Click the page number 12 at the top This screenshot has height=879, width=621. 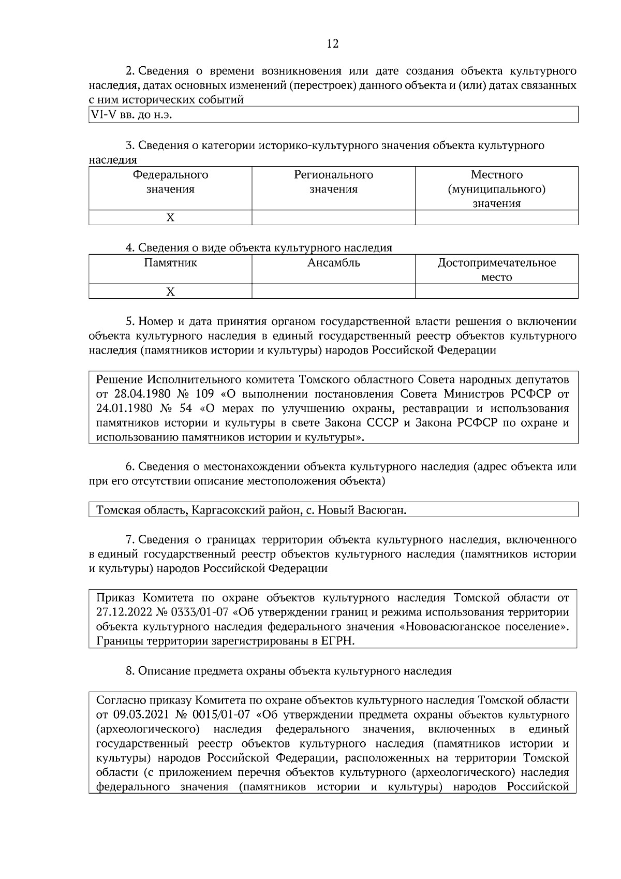coord(333,44)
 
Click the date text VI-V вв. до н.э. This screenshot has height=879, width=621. coord(131,115)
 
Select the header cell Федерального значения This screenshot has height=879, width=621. coord(170,182)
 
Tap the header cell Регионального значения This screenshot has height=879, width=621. coord(333,182)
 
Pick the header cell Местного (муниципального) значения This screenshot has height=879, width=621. coord(496,189)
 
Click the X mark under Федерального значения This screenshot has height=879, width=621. coord(170,218)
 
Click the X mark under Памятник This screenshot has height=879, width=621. coord(170,292)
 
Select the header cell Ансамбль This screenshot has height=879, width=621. coord(333,262)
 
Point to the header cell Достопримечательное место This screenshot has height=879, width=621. coord(496,270)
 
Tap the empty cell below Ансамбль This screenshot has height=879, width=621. coord(333,292)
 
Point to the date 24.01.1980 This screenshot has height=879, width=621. coord(124,408)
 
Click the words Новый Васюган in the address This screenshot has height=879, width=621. coord(361,510)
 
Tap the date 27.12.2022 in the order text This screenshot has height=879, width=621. coord(124,612)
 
